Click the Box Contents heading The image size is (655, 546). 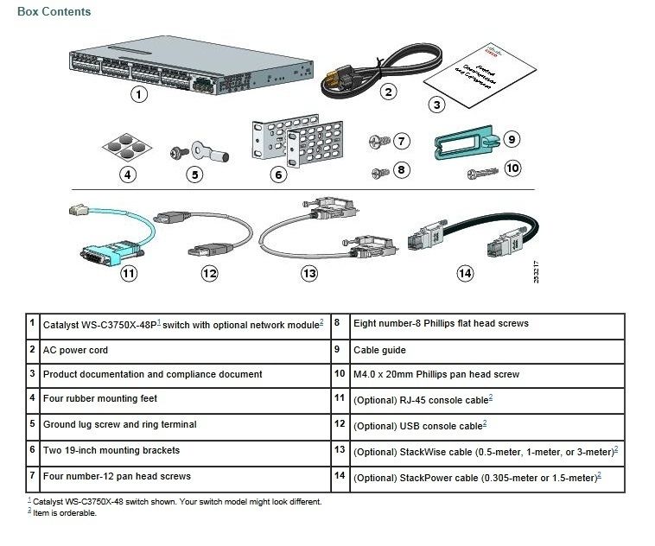tap(54, 12)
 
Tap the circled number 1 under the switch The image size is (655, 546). tap(138, 95)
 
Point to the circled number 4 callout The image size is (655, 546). tap(128, 174)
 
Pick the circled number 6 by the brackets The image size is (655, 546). tap(278, 175)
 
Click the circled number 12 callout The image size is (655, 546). tap(209, 273)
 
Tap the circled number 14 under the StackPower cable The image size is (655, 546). tap(465, 273)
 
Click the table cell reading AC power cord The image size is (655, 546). tap(76, 350)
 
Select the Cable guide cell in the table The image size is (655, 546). tap(379, 350)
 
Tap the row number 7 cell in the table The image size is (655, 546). tap(32, 475)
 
